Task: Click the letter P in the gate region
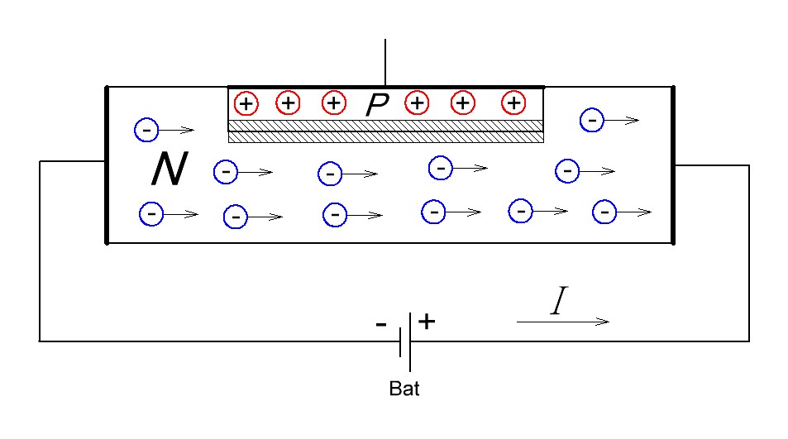377,104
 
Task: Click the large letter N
170,170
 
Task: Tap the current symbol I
559,304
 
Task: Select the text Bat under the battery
404,389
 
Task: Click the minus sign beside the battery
380,325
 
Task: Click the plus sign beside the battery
426,321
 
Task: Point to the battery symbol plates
405,341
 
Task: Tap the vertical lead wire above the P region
385,63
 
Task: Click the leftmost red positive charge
246,103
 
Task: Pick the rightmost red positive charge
513,103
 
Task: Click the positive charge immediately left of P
333,103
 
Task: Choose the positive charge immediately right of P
418,103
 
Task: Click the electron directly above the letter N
146,130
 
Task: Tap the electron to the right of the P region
592,120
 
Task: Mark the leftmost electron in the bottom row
151,213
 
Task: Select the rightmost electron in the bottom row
604,212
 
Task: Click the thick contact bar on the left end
107,165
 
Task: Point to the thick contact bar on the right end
674,165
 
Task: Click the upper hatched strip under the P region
385,125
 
